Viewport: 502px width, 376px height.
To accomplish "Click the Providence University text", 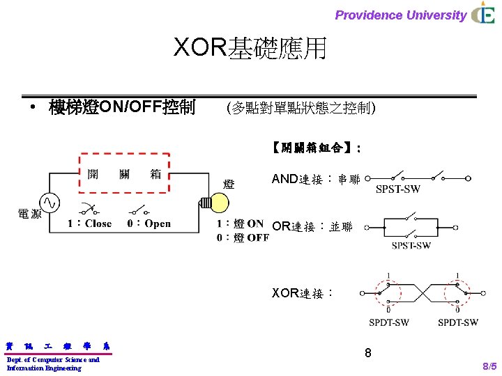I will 400,15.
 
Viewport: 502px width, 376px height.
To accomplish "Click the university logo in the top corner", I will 483,14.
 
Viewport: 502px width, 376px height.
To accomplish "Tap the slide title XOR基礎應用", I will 250,48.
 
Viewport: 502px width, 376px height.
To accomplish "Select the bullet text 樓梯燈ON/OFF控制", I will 122,108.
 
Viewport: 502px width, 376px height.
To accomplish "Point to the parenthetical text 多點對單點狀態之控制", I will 301,108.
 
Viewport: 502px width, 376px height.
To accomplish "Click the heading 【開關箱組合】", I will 316,148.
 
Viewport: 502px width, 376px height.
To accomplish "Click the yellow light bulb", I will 218,202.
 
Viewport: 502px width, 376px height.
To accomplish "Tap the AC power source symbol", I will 51,202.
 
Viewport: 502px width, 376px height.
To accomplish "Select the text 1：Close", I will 89,224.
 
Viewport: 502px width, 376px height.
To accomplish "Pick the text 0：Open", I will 149,224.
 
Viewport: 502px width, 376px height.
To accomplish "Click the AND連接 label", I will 315,180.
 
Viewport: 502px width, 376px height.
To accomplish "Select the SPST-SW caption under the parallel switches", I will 411,245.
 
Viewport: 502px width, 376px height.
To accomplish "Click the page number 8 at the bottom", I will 368,354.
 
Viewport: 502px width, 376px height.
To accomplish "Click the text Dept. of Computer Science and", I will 53,359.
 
